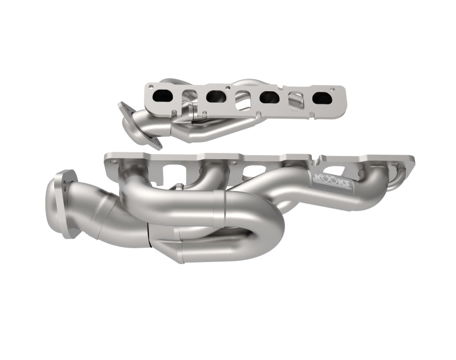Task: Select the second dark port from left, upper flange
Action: [215, 96]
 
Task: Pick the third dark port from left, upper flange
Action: [270, 98]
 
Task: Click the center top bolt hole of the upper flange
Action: [242, 88]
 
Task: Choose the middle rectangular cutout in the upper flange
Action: [243, 98]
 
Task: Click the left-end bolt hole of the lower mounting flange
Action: [114, 162]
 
